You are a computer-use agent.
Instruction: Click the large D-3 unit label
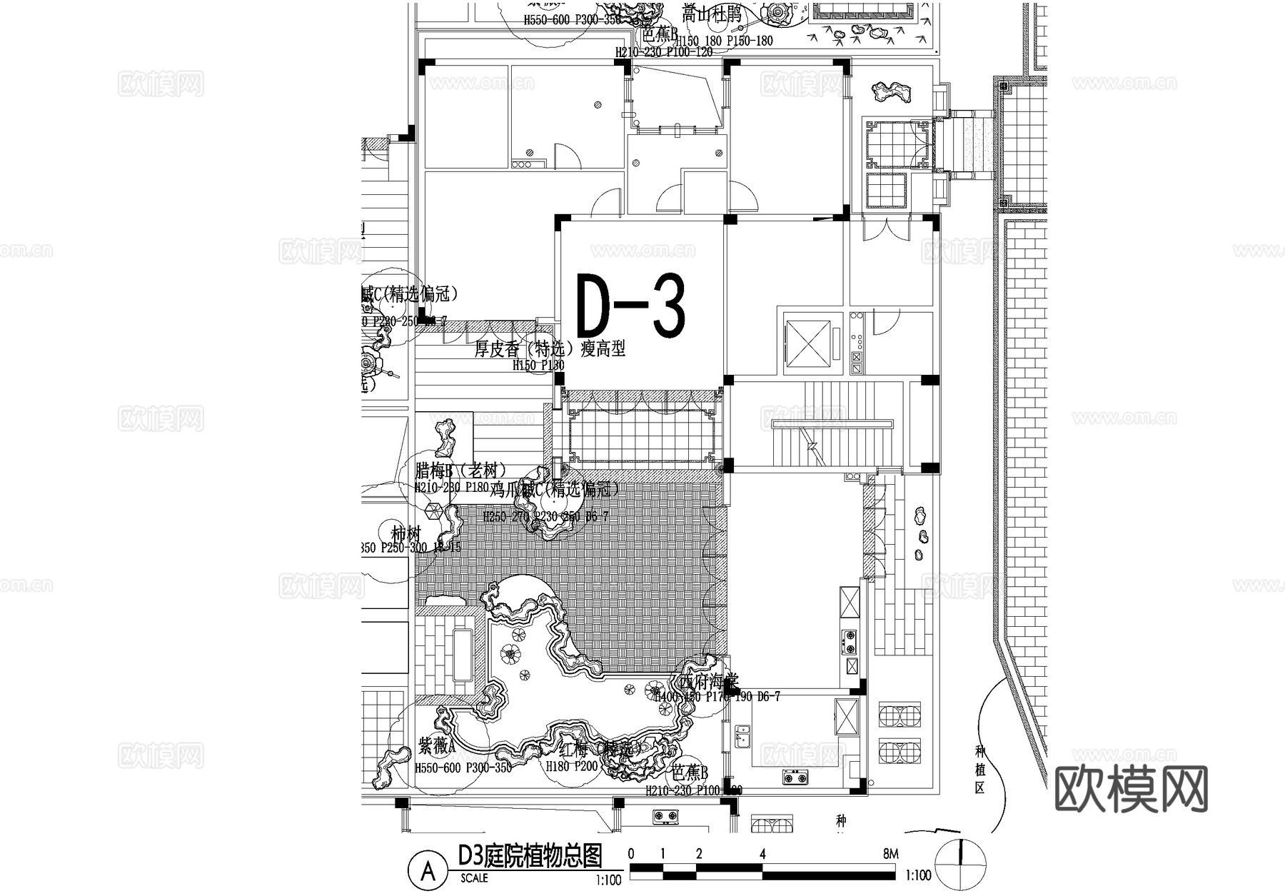630,306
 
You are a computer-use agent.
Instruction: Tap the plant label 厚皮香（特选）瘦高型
550,349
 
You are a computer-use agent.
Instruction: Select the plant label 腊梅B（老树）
461,471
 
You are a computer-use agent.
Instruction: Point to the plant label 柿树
406,534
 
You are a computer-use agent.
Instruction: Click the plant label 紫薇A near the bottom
436,747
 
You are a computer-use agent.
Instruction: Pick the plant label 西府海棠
708,682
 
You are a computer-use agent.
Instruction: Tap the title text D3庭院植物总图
530,856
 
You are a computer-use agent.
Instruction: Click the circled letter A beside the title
428,871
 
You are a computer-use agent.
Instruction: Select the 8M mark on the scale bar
890,855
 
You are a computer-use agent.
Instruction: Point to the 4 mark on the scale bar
762,855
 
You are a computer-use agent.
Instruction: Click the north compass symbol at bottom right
962,863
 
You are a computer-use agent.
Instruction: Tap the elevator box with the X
808,343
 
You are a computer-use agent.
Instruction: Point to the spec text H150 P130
538,366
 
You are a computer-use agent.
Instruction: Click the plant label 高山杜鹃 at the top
712,15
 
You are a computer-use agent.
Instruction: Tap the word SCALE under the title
474,878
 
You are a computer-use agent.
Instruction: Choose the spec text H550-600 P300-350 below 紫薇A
463,768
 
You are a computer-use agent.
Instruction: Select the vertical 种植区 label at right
979,770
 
